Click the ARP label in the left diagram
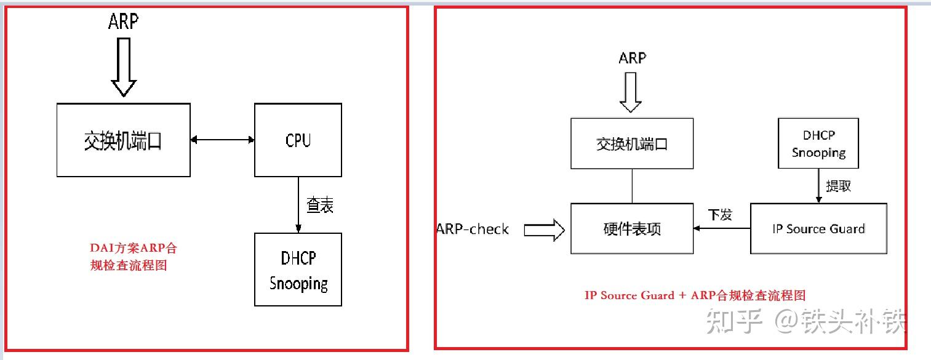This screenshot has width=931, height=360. (123, 22)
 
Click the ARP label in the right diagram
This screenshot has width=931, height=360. (632, 58)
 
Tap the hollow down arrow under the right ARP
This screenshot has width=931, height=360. (631, 92)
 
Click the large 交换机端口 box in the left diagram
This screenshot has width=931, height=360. (123, 140)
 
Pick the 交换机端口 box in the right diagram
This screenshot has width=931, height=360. (632, 144)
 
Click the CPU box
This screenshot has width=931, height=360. (298, 140)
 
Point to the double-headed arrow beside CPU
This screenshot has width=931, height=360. (222, 140)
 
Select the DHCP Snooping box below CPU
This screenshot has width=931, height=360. (298, 270)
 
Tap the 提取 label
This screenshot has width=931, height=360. (838, 186)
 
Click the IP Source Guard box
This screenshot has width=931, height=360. (818, 229)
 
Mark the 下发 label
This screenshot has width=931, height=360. (720, 215)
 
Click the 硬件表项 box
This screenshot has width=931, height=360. (632, 229)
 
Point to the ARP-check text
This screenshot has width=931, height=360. (473, 230)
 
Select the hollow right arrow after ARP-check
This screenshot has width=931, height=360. (544, 230)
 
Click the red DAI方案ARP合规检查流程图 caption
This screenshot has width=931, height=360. (133, 257)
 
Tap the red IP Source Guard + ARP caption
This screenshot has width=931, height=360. (695, 295)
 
